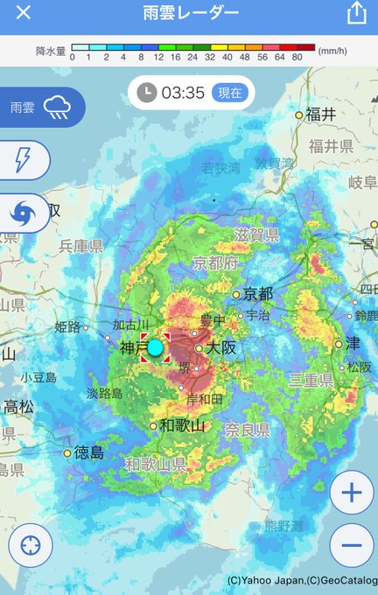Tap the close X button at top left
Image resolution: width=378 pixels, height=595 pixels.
[24, 13]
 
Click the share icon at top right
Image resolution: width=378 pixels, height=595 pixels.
[355, 13]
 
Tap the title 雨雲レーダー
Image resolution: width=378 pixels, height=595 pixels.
[190, 13]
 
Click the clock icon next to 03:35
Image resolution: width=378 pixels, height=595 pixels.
[147, 92]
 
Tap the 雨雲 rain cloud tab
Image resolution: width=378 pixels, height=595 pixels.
[42, 108]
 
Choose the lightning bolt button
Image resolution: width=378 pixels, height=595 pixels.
[23, 159]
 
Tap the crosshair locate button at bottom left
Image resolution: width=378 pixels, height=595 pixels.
[31, 546]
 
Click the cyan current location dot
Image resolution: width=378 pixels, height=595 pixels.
[155, 347]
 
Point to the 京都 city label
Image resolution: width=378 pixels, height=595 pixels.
[259, 294]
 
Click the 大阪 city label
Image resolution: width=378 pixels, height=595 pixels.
[222, 348]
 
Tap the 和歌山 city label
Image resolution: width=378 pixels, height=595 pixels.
[182, 426]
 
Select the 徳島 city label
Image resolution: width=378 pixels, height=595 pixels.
[88, 452]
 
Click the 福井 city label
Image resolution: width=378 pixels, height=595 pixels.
[321, 115]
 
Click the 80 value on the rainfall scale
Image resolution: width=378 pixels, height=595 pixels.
[297, 58]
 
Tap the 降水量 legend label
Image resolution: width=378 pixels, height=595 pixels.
[52, 52]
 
